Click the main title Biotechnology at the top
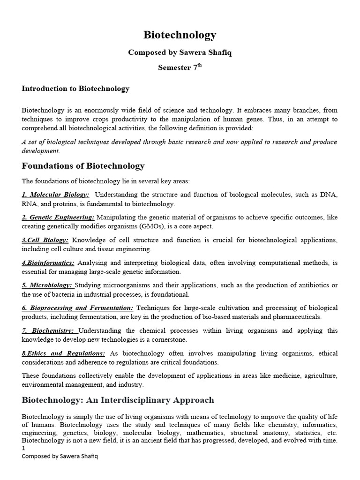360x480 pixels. click(x=180, y=35)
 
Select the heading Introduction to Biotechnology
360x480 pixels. click(x=75, y=89)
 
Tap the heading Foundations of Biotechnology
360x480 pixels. click(x=83, y=166)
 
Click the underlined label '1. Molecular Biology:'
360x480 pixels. click(x=55, y=195)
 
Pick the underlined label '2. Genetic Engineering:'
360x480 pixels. click(x=58, y=217)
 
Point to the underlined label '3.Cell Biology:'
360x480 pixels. click(x=45, y=240)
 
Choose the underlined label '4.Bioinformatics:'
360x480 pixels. click(x=48, y=263)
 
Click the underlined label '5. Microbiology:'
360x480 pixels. click(x=47, y=285)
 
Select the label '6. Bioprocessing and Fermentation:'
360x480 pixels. click(x=77, y=308)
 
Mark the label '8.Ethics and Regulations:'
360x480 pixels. click(x=63, y=353)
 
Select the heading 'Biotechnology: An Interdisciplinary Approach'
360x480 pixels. click(x=118, y=400)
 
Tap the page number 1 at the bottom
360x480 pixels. click(x=24, y=449)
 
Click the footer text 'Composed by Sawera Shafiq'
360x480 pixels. click(x=60, y=456)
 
